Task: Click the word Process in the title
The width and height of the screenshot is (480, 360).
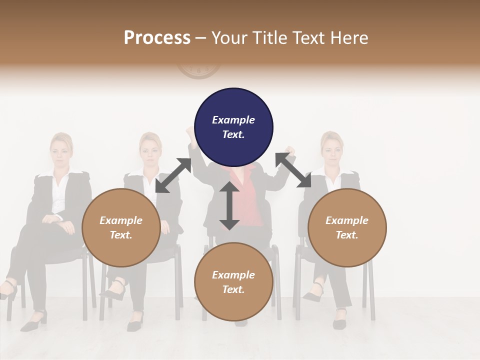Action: pyautogui.click(x=157, y=38)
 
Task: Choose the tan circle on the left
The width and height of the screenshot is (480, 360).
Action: pyautogui.click(x=121, y=227)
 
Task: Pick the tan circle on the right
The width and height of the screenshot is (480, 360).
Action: pyautogui.click(x=346, y=227)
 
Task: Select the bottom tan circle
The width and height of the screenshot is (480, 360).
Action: pyautogui.click(x=233, y=282)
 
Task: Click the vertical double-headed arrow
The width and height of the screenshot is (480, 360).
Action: pyautogui.click(x=229, y=205)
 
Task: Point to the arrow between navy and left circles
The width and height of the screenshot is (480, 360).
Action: pyautogui.click(x=173, y=175)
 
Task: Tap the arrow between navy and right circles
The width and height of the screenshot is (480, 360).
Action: pyautogui.click(x=293, y=170)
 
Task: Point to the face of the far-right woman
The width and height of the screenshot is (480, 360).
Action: pyautogui.click(x=332, y=148)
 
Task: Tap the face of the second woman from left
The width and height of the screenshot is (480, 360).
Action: pyautogui.click(x=150, y=149)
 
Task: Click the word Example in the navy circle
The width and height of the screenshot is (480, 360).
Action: pyautogui.click(x=233, y=120)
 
